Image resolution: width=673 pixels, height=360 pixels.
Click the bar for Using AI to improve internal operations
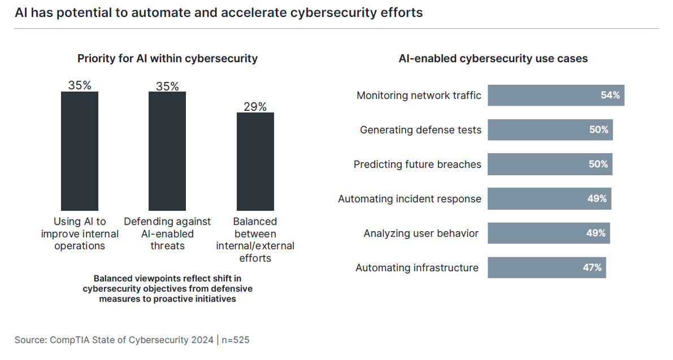click(x=80, y=151)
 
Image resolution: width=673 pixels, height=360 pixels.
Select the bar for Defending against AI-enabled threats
click(x=167, y=151)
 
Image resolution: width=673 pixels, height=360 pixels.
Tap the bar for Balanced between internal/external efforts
click(x=255, y=161)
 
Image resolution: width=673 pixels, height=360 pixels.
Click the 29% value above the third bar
click(x=255, y=107)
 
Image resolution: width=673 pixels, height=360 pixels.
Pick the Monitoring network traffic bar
click(x=555, y=96)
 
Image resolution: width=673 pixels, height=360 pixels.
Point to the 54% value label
click(x=610, y=96)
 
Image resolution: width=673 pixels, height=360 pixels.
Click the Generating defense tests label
click(x=420, y=130)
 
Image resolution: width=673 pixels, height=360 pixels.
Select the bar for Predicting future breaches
click(x=550, y=164)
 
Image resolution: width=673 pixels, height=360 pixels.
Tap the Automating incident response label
click(x=410, y=199)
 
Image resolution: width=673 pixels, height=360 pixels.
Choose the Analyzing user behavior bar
click(x=549, y=233)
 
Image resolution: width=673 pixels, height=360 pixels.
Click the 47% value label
click(x=592, y=268)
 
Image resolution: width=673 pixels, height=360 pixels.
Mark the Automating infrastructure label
click(x=417, y=268)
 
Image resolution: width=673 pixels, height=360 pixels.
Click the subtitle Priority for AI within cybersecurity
click(x=167, y=58)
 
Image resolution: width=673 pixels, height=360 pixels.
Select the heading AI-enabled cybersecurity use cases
click(x=493, y=58)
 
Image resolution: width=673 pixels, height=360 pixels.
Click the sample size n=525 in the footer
click(x=236, y=340)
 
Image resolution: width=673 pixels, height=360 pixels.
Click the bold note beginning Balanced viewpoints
click(x=167, y=289)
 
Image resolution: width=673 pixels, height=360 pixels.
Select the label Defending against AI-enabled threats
click(x=167, y=233)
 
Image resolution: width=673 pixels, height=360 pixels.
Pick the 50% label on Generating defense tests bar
click(x=598, y=130)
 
